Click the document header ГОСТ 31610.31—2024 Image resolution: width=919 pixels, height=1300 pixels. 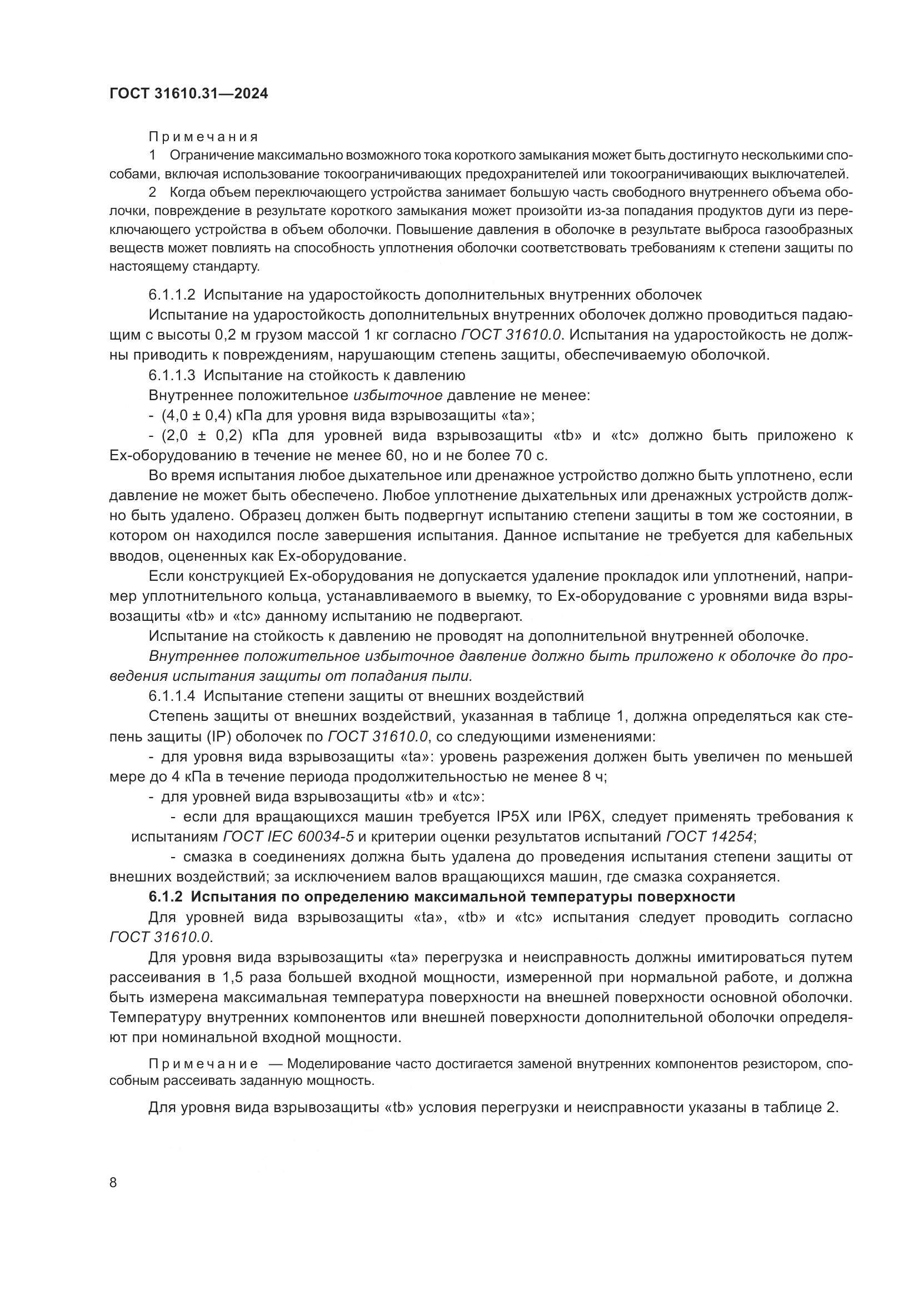pos(188,94)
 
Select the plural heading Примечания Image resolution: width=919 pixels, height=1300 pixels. pos(203,137)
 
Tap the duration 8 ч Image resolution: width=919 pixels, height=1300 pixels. pos(594,777)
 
